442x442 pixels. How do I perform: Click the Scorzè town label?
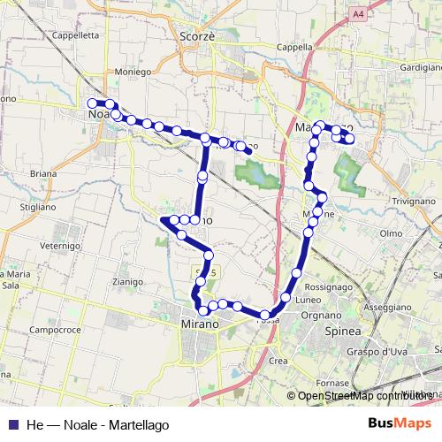point(197,36)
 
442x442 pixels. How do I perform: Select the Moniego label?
point(133,72)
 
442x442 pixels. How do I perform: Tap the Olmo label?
point(391,232)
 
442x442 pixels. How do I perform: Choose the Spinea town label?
point(343,330)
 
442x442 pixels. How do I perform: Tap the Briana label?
point(42,174)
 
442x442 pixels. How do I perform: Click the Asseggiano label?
point(387,307)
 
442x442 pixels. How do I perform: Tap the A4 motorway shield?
point(356,15)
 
